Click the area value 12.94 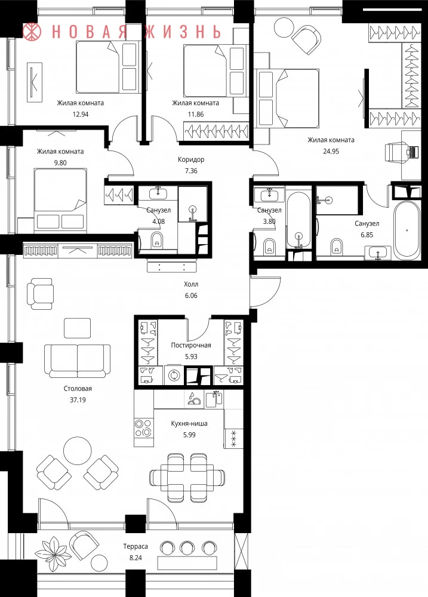click(81, 114)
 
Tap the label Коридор click(191, 159)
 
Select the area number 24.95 click(331, 151)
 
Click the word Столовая click(78, 389)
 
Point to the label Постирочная click(191, 345)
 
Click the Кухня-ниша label click(189, 423)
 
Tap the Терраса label click(136, 546)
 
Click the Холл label click(191, 284)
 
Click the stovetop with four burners click(143, 427)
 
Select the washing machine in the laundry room click(174, 375)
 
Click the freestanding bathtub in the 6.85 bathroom click(407, 230)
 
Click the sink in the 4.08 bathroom click(157, 193)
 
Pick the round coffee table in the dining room click(77, 450)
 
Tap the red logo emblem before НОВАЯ click(33, 32)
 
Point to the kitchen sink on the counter click(215, 399)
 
